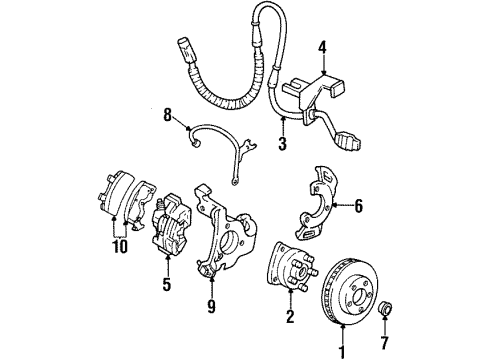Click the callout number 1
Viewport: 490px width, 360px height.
341,351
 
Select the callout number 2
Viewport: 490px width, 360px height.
289,318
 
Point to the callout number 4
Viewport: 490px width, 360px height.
322,45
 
